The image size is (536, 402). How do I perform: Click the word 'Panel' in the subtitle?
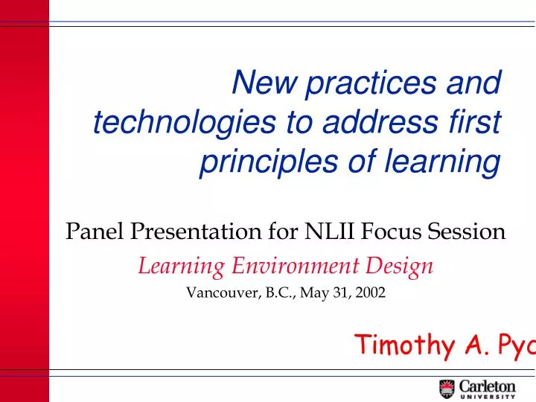(96, 232)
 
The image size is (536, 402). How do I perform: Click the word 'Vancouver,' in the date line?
(220, 293)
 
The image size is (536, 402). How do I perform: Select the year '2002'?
(371, 293)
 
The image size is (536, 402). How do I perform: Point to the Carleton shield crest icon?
(447, 389)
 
